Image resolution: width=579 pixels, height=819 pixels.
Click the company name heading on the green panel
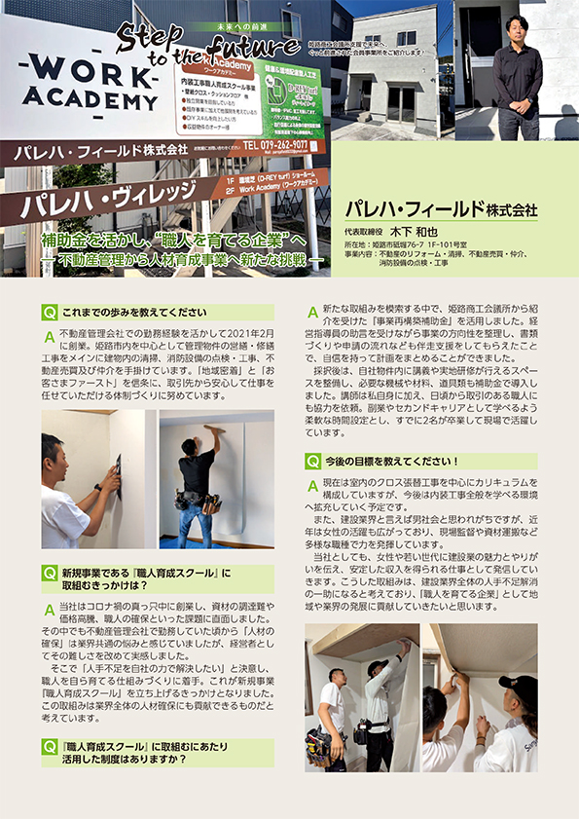441,209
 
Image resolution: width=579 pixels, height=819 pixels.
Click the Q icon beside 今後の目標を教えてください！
313,461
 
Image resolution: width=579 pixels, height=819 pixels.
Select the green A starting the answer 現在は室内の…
312,484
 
